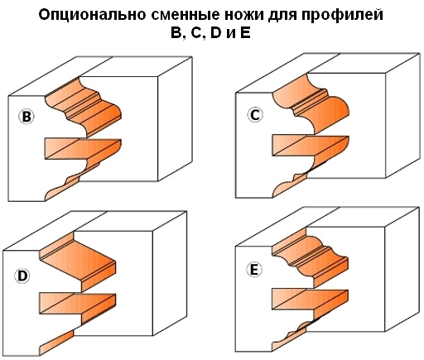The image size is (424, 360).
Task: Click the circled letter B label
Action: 26,117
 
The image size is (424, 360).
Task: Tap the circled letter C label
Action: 255,115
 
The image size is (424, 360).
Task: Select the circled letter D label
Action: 22,276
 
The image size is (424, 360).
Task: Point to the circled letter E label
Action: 254,270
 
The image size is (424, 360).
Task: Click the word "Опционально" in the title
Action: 93,15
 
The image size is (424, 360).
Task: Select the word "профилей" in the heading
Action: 342,16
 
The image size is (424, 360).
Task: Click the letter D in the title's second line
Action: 215,33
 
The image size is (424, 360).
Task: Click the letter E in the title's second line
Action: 245,33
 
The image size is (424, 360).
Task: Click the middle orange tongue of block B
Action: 83,149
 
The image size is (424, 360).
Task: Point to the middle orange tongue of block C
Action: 311,146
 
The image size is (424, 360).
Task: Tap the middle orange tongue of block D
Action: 78,304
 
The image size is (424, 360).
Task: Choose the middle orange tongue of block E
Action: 310,300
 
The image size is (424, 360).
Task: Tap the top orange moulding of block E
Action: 311,259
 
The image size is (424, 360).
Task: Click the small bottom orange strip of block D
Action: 56,343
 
